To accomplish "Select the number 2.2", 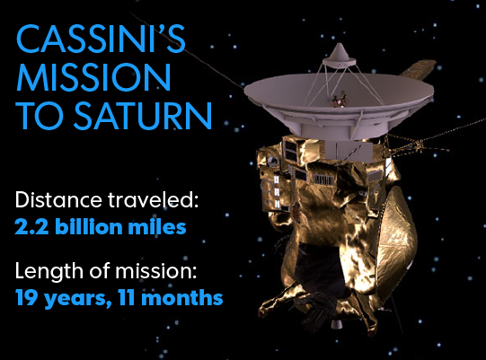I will coord(32,227).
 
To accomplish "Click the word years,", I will coord(75,297).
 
